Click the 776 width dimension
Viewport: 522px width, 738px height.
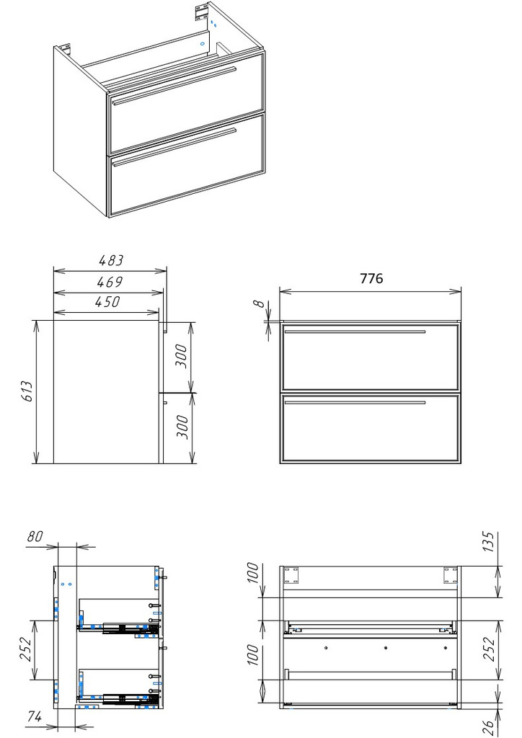click(371, 279)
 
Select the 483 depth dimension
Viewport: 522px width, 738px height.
click(110, 260)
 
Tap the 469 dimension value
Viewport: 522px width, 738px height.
click(110, 282)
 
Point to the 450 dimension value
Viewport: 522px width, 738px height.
click(108, 302)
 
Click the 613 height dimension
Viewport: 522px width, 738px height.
click(28, 391)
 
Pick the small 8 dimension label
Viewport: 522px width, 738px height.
click(260, 303)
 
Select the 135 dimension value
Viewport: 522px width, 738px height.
click(490, 542)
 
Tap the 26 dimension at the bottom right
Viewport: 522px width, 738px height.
click(490, 727)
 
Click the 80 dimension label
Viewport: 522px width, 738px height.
click(35, 536)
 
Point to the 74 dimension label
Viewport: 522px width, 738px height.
click(34, 717)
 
